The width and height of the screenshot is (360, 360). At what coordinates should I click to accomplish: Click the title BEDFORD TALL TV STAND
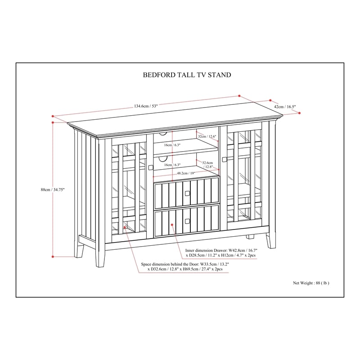tap(187, 75)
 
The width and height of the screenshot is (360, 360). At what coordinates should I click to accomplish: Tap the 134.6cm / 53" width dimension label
tap(146, 106)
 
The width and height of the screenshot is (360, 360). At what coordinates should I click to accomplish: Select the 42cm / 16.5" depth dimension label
tap(285, 107)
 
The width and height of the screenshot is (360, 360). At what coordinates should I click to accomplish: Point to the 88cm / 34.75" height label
tap(53, 189)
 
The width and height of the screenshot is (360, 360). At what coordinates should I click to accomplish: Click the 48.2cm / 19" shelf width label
tap(186, 173)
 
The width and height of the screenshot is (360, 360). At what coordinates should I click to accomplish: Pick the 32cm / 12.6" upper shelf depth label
tap(207, 136)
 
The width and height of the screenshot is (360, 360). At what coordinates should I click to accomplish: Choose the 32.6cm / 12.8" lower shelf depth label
tap(208, 165)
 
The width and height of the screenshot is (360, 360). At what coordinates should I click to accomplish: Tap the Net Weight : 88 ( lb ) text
tap(311, 283)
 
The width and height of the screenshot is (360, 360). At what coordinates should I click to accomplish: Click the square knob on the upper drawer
tap(187, 193)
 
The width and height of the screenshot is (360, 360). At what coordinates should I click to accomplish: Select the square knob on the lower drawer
tap(187, 221)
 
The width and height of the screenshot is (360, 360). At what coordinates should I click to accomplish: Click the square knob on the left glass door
tap(151, 167)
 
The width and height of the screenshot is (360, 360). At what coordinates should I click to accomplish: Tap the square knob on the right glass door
tap(224, 159)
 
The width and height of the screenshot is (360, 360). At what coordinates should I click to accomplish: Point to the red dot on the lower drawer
tap(172, 225)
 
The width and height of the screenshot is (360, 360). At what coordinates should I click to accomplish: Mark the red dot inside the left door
tap(125, 227)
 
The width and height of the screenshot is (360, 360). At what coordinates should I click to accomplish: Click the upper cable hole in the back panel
tap(163, 134)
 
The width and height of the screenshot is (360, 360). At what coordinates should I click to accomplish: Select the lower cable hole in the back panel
tap(163, 158)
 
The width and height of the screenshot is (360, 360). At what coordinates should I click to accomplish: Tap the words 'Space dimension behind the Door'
tap(170, 264)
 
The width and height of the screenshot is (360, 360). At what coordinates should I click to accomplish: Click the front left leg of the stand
tap(100, 255)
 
